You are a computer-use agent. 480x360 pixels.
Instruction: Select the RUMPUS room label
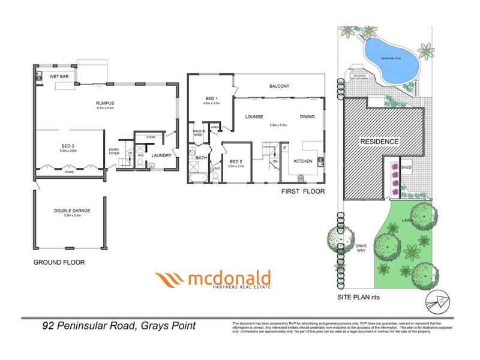[x=105, y=103]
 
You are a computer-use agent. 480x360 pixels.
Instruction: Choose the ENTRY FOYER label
[x=114, y=151]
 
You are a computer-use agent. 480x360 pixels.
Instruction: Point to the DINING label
[x=307, y=118]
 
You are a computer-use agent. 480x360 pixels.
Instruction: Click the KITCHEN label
[x=302, y=161]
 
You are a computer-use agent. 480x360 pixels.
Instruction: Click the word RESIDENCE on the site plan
[x=379, y=142]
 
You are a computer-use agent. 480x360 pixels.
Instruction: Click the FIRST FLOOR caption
[x=302, y=192]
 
